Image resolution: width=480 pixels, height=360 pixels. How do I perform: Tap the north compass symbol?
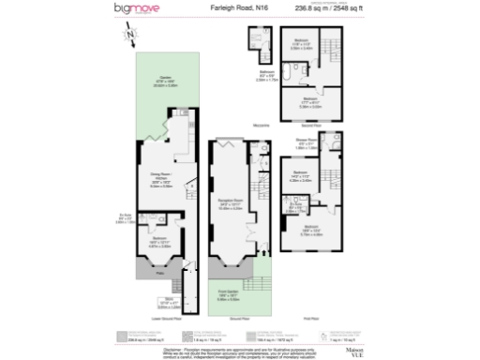click(x=129, y=36)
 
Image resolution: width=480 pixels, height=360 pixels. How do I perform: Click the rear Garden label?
click(x=164, y=80)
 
